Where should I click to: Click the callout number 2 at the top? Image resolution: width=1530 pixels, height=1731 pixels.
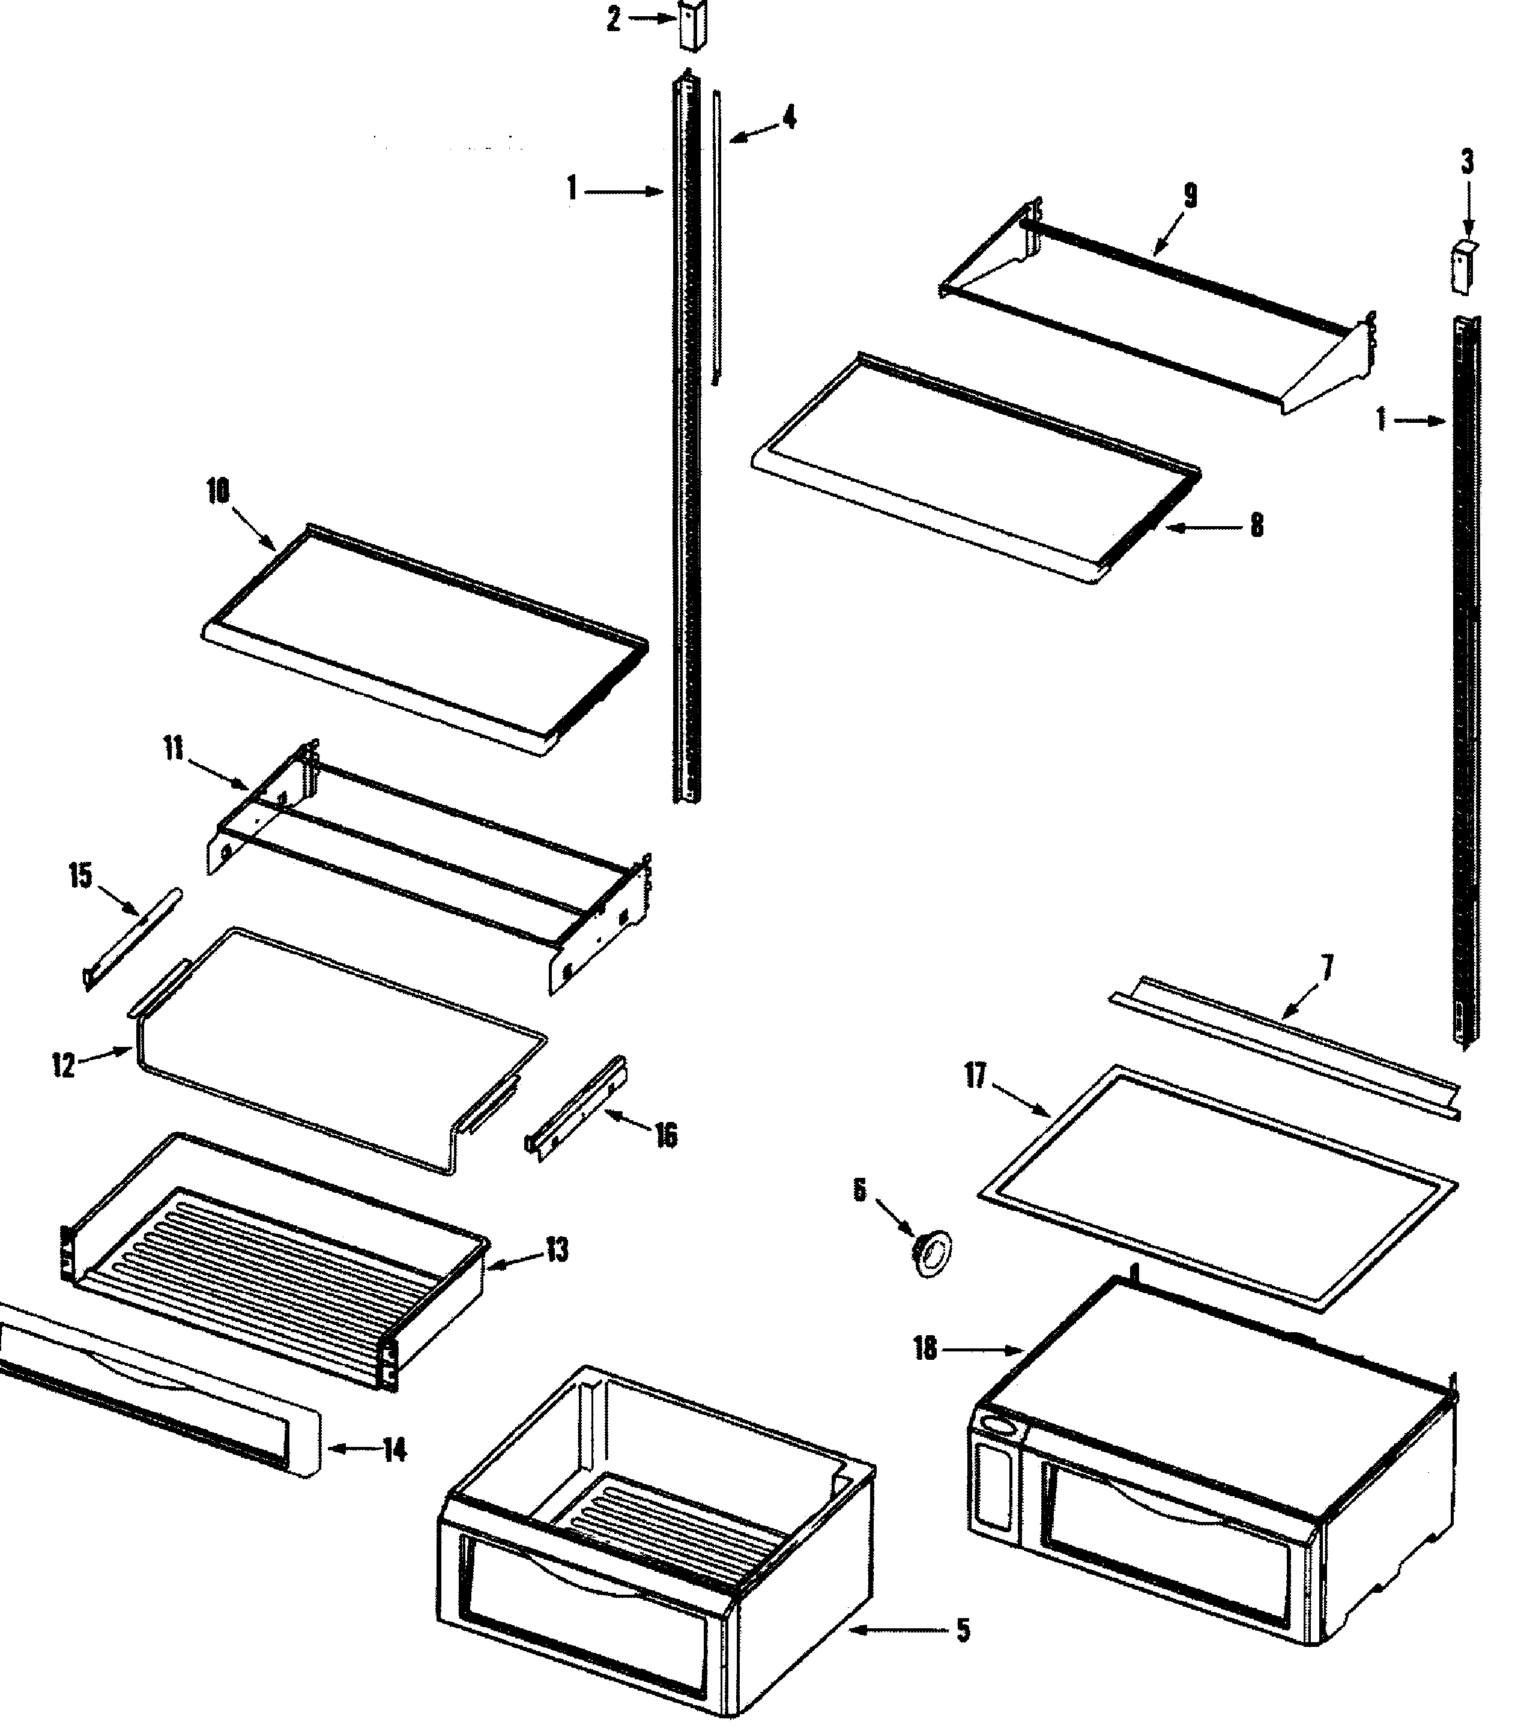tap(614, 19)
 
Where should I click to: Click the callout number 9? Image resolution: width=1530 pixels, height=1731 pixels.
tap(1191, 196)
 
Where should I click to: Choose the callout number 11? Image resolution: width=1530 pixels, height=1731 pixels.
tap(174, 748)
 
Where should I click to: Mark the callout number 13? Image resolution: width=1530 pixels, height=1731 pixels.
tap(556, 1250)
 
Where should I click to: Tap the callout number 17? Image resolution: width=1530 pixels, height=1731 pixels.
tap(975, 1076)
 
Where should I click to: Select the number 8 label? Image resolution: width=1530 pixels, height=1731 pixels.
tap(1257, 526)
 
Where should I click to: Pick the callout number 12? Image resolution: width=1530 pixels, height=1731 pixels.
tap(64, 1066)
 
